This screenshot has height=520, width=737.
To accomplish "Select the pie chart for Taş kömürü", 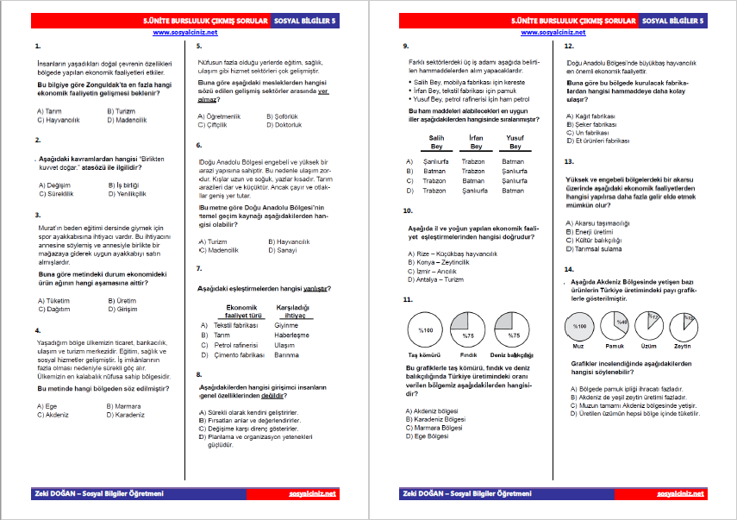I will pos(425,329).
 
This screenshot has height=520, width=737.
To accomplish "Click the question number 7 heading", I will pos(199,269).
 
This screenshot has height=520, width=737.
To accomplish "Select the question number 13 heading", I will pos(569,161).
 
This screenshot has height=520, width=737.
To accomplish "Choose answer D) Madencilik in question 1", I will pos(126,120).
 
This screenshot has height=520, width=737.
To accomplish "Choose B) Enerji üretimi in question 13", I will pos(592,231).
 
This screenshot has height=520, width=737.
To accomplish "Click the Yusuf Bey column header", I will pos(515,141).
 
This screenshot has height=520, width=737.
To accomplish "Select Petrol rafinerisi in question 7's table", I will pos(235,344).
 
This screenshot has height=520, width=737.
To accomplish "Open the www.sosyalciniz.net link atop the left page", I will pos(184,32).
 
